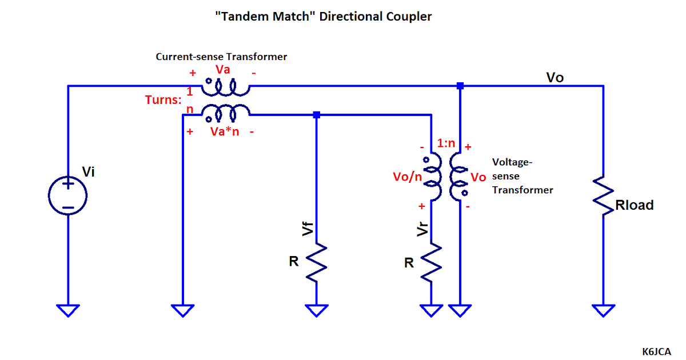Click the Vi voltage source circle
click(x=68, y=195)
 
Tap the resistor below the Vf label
click(x=317, y=262)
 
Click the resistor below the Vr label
click(x=432, y=262)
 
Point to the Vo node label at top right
click(x=555, y=77)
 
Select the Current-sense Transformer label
click(x=221, y=57)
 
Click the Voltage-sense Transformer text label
click(x=522, y=176)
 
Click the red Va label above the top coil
click(x=223, y=70)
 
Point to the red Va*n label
click(x=224, y=131)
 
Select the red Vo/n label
click(x=407, y=176)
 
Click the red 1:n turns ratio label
click(x=446, y=143)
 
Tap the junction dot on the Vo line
click(x=460, y=86)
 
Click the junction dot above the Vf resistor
click(x=317, y=115)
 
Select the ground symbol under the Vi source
click(x=68, y=310)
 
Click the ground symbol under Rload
click(x=603, y=310)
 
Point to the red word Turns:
click(x=163, y=100)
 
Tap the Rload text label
click(x=635, y=205)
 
